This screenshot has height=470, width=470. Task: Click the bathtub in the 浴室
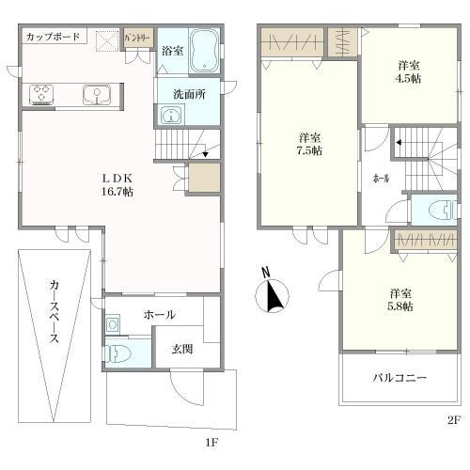(x=204, y=51)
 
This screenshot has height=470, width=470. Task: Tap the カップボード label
(x=52, y=37)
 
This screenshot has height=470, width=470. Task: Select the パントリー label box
(x=137, y=39)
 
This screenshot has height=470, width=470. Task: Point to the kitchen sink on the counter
(x=94, y=94)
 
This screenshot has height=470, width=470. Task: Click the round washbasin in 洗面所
(x=170, y=116)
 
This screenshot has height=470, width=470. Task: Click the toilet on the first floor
(x=117, y=353)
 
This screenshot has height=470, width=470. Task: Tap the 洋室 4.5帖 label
(x=407, y=71)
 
